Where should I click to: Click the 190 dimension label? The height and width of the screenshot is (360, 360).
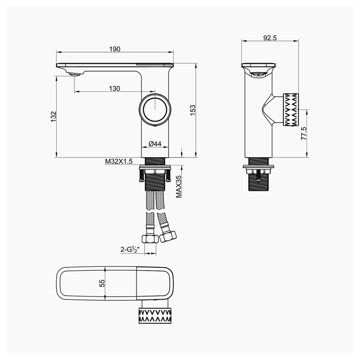point(115,49)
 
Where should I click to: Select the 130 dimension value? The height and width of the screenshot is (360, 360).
point(114,89)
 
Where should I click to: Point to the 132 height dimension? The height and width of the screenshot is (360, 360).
point(53,117)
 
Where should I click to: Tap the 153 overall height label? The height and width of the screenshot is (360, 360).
point(193,110)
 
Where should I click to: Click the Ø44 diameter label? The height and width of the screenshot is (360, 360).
point(155,143)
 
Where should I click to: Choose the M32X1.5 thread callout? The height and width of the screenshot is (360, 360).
point(118,161)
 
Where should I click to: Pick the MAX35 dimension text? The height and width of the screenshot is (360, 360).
point(179,186)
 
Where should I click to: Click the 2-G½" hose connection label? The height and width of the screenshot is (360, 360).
point(130,250)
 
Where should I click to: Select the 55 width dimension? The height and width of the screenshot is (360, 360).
point(102,283)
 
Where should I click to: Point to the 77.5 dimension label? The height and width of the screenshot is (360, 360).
point(304,134)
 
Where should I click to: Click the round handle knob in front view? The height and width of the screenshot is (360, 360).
point(155,109)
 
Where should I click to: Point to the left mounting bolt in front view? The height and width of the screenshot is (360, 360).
point(141,175)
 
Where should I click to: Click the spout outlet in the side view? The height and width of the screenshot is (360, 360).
point(258,75)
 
